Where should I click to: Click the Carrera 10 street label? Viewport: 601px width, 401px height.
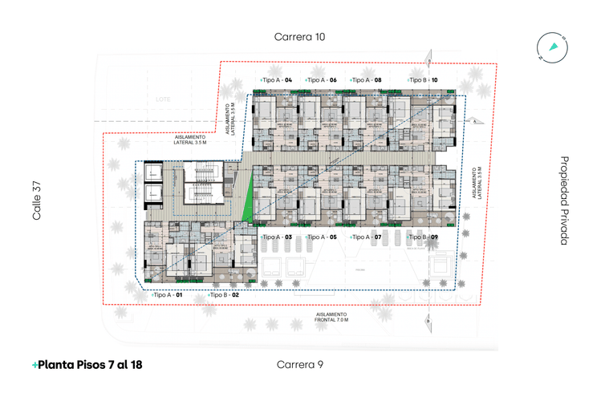(x=299, y=37)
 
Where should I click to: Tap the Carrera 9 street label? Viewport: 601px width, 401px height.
(x=299, y=364)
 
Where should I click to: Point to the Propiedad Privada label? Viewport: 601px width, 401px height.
(x=564, y=200)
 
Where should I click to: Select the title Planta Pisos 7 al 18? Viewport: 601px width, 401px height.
(x=87, y=364)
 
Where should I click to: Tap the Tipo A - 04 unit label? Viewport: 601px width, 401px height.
(x=276, y=80)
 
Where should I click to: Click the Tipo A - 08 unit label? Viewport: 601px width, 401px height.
(x=365, y=80)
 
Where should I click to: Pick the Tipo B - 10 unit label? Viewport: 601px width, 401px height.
(x=422, y=80)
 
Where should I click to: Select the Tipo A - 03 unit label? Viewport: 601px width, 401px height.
(x=276, y=237)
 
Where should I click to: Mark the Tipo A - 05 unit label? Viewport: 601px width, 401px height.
(x=320, y=237)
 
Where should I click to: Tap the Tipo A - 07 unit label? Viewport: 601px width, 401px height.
(x=365, y=237)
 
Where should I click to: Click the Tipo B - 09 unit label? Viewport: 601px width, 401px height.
(x=422, y=237)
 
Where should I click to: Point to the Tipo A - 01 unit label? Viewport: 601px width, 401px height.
(x=168, y=296)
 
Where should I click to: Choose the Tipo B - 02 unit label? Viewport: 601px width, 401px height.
(x=224, y=296)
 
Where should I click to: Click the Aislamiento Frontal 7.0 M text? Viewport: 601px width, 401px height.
(x=331, y=317)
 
